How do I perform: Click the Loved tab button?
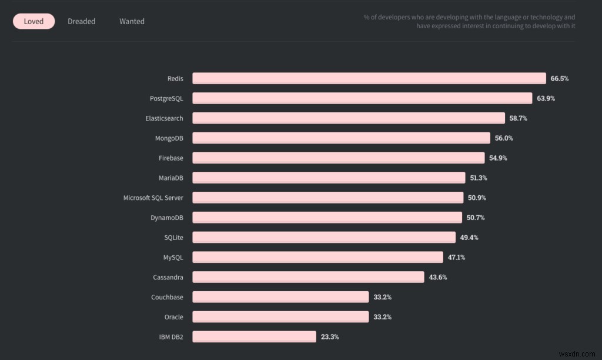[x=34, y=22]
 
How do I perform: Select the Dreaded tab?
[x=81, y=22]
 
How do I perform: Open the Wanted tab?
[x=132, y=22]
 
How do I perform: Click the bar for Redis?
[x=369, y=78]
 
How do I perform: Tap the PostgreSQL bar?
[x=362, y=98]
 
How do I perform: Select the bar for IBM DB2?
[x=254, y=336]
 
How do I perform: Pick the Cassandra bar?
[x=308, y=277]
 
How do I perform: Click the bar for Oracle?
[x=280, y=317]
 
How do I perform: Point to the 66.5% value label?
[x=560, y=78]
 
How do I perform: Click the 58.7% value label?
[x=519, y=118]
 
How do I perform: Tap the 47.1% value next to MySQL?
[x=456, y=258]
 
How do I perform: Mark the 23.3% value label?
[x=330, y=337]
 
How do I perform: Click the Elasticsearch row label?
[x=164, y=118]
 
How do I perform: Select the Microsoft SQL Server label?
[x=153, y=198]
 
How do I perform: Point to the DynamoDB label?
[x=166, y=218]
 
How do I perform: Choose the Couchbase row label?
[x=167, y=297]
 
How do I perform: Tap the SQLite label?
[x=173, y=238]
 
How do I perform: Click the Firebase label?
[x=171, y=158]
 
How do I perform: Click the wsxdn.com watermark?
[x=577, y=354]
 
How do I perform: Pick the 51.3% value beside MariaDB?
[x=479, y=178]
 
